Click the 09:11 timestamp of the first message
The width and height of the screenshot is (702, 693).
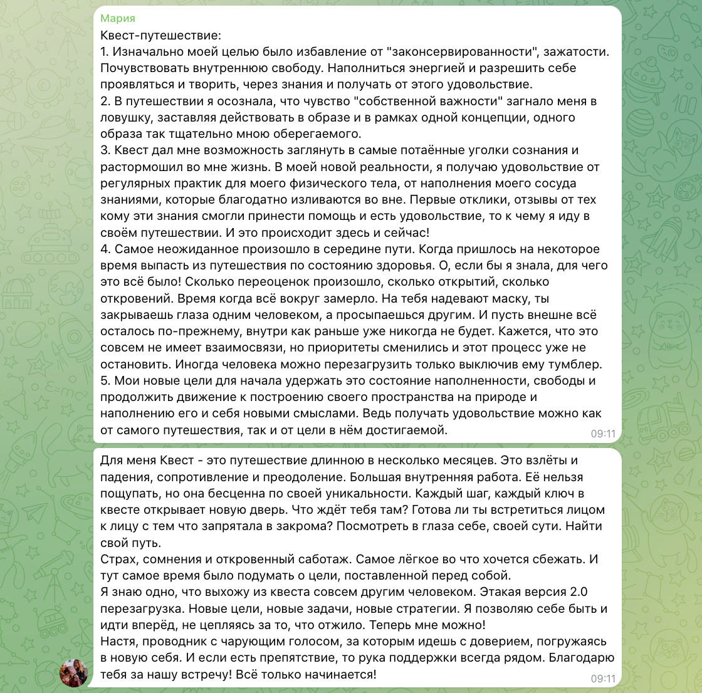[602, 433]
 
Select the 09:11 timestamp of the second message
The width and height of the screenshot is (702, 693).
[602, 678]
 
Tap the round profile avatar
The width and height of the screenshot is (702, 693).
[73, 673]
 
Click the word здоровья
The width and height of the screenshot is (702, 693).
[413, 266]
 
